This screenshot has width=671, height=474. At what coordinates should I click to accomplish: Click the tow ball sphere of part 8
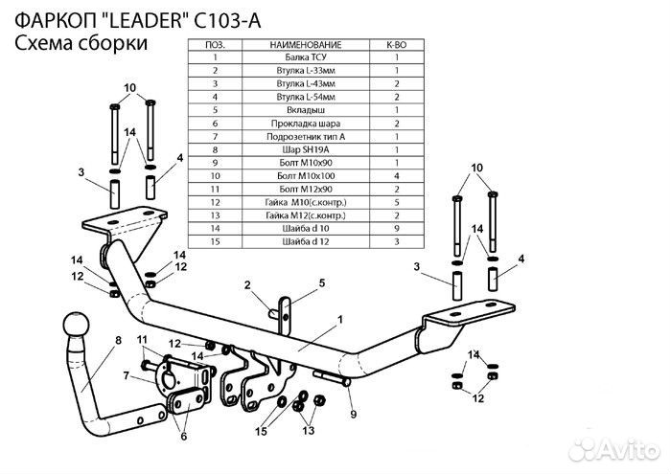coord(77,325)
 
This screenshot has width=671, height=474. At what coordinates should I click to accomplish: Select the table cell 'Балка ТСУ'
coord(306,57)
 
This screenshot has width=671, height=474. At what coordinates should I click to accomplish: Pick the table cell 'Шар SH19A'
coord(306,149)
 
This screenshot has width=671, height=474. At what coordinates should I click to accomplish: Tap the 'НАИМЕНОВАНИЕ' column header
coord(306,44)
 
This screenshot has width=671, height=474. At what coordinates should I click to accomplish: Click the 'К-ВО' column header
coord(397,44)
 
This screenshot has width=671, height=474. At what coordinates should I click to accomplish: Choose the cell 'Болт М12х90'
coord(306,189)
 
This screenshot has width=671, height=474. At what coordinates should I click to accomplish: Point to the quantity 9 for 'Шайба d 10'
coord(397,229)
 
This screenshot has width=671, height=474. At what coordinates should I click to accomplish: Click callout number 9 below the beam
coord(353,414)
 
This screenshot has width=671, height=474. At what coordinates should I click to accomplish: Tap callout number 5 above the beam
coord(322,282)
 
